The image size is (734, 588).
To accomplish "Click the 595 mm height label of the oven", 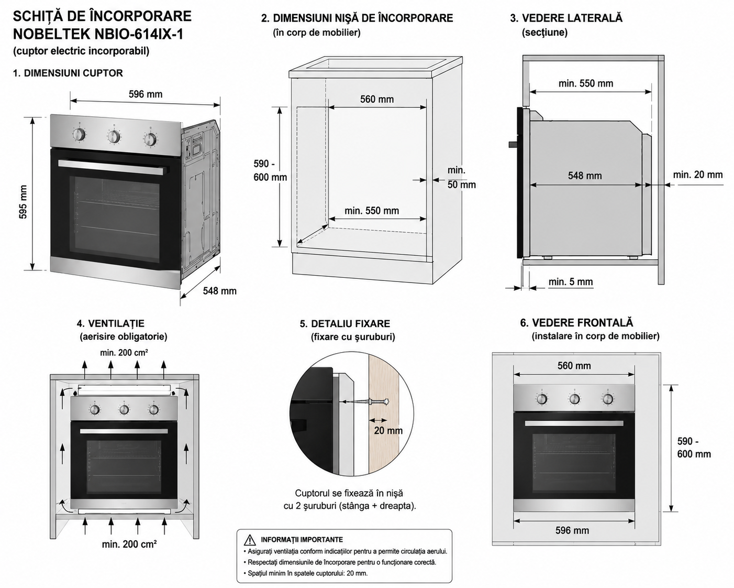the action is point(23,202).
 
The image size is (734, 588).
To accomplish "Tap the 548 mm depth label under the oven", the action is point(220,291).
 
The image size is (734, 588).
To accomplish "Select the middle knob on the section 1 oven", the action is point(114,137).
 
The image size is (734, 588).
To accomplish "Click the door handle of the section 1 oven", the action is point(114,167).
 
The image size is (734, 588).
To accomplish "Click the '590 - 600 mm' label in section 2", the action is point(270,171).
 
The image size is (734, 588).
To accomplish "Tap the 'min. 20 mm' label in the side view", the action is point(698,175).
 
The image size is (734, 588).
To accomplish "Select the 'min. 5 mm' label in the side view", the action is point(571,282).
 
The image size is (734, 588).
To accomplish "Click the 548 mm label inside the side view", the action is point(585,176).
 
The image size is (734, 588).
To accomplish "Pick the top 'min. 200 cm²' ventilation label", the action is point(124,352).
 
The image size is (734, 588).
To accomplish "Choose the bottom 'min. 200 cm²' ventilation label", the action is point(129,544).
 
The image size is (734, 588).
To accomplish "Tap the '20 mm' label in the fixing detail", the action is point(388,430).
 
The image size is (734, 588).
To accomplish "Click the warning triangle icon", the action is point(250,540).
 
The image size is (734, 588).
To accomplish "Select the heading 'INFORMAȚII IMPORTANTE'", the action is point(302,540).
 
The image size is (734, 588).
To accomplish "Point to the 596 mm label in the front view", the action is point(572,530).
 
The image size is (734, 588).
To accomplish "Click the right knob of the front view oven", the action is point(607,398).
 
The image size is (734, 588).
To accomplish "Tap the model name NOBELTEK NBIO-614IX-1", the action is point(98,34).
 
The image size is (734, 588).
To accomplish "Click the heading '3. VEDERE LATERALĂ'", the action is point(566,18).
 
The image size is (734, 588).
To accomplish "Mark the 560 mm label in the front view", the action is point(574,366).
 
